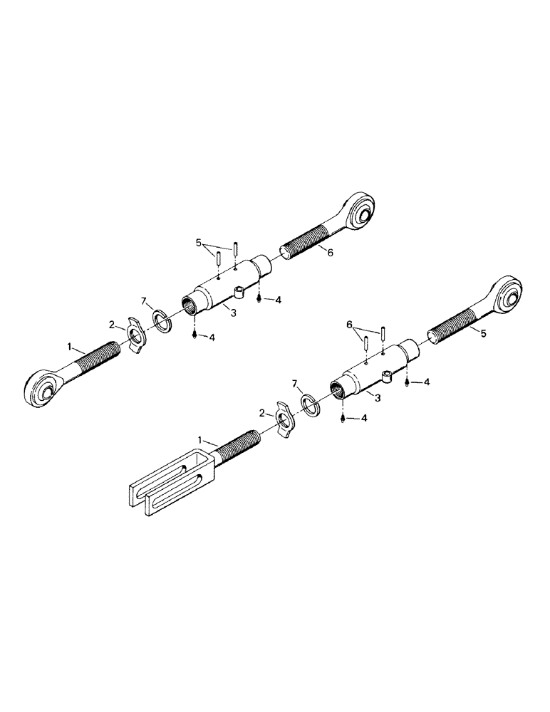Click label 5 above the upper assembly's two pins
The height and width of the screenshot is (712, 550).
coord(199,244)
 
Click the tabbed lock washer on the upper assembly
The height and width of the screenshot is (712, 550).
coord(135,331)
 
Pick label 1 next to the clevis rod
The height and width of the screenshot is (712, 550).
coord(201,441)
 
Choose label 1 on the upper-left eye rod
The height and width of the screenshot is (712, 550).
coord(70,347)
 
